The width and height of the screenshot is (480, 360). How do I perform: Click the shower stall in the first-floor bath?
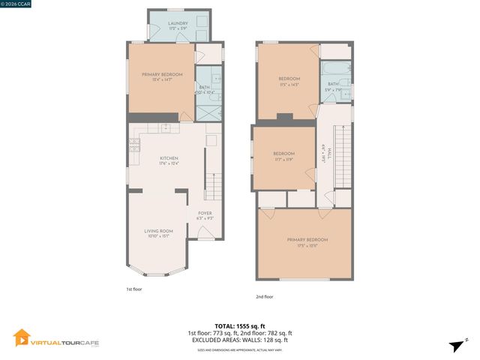206,110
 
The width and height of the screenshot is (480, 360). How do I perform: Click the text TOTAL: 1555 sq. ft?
239,326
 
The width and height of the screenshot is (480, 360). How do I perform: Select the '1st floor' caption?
134,288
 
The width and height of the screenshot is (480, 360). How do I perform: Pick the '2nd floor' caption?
265,296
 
